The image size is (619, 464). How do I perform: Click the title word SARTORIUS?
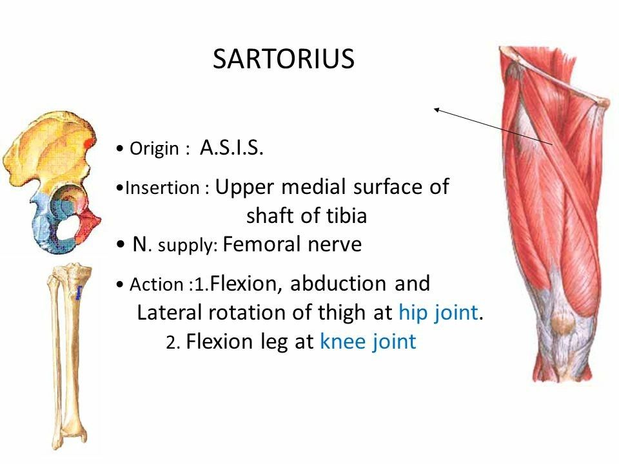pos(283,59)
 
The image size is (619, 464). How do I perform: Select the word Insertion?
pos(164,188)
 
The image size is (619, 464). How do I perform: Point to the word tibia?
pos(346,216)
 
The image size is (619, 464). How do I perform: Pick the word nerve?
pos(337,245)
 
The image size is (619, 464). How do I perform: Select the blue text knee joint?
pos(368,342)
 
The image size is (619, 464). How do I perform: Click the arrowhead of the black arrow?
pos(437,110)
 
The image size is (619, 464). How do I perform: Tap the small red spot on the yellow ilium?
pos(88,142)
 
